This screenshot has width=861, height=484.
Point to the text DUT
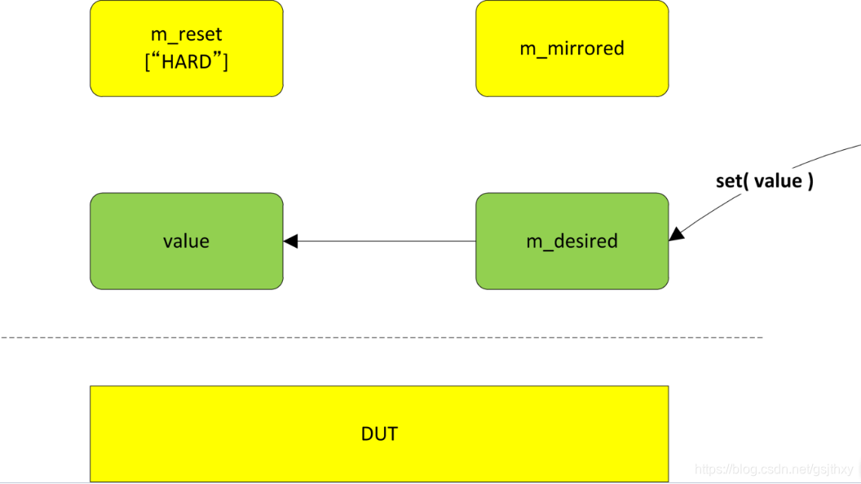click(379, 433)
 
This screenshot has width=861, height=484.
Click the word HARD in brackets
click(187, 62)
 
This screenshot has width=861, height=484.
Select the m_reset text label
click(186, 35)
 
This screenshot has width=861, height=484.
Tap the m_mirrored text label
click(572, 48)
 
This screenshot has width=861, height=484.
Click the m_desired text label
click(572, 241)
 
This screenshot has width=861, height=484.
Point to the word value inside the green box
click(186, 241)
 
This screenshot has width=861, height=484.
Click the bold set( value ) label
click(764, 181)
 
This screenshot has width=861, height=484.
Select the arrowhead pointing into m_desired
click(676, 235)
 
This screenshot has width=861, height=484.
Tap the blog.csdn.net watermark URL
click(773, 469)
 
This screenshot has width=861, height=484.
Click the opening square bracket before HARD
click(148, 62)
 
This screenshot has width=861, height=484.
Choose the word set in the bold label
click(728, 181)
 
